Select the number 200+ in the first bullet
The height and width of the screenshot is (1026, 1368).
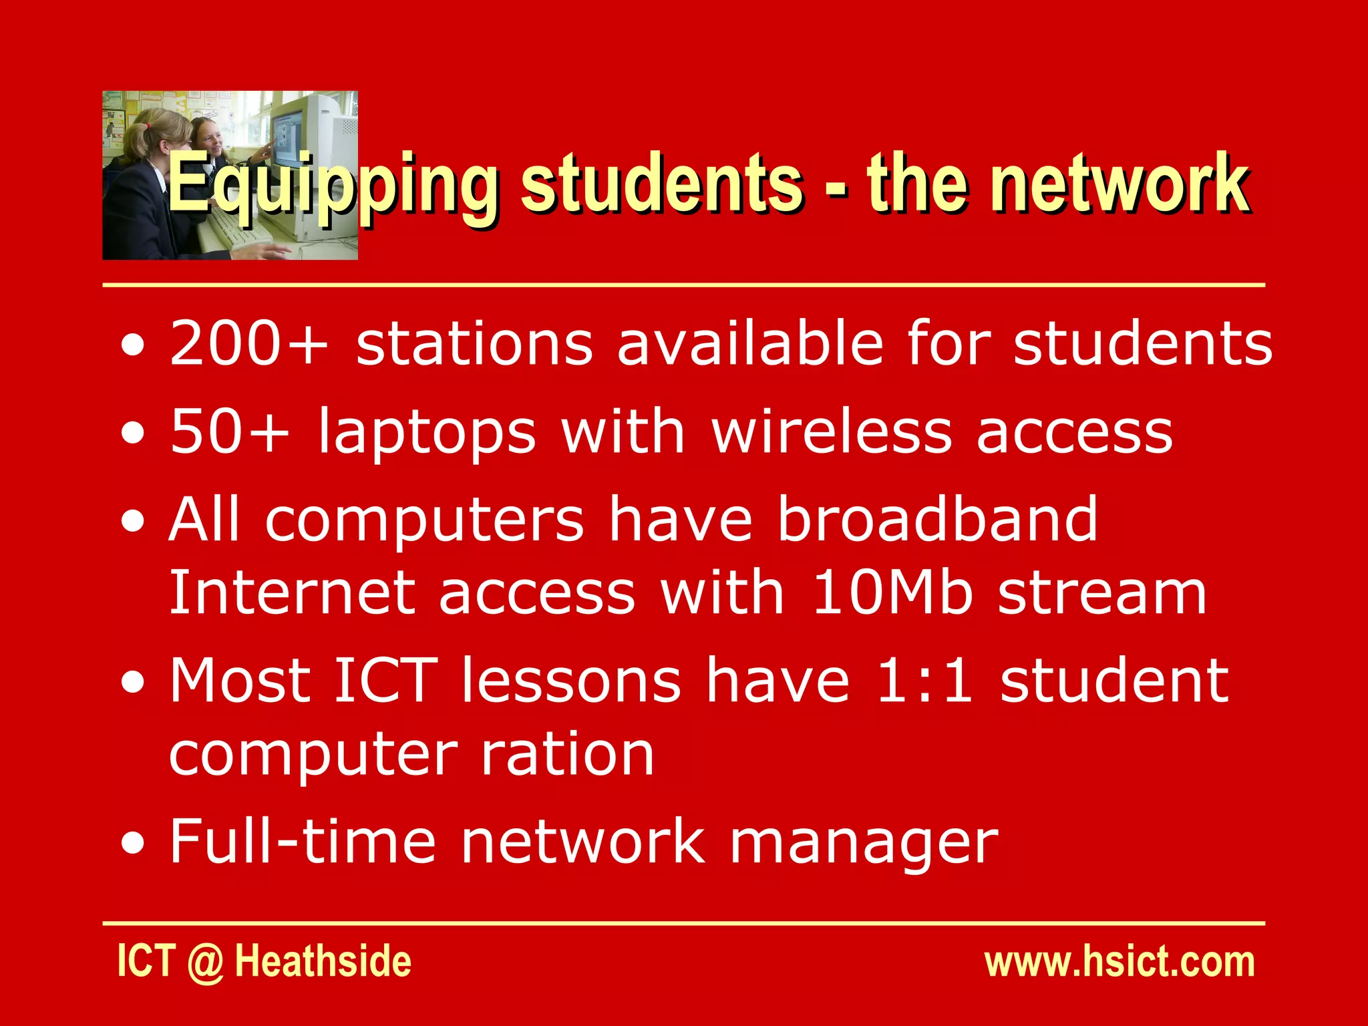click(248, 343)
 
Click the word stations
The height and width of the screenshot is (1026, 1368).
click(474, 343)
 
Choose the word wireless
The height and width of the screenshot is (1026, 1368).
click(832, 432)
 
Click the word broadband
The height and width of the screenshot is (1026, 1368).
click(938, 519)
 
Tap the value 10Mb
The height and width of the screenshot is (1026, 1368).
click(892, 592)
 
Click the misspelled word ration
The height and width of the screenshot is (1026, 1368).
click(568, 754)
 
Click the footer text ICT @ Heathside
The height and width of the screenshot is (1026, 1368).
click(265, 962)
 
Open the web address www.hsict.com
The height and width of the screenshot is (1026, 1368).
click(1120, 962)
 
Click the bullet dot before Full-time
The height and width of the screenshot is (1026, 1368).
click(133, 844)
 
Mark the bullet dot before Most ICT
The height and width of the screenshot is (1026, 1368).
click(133, 683)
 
